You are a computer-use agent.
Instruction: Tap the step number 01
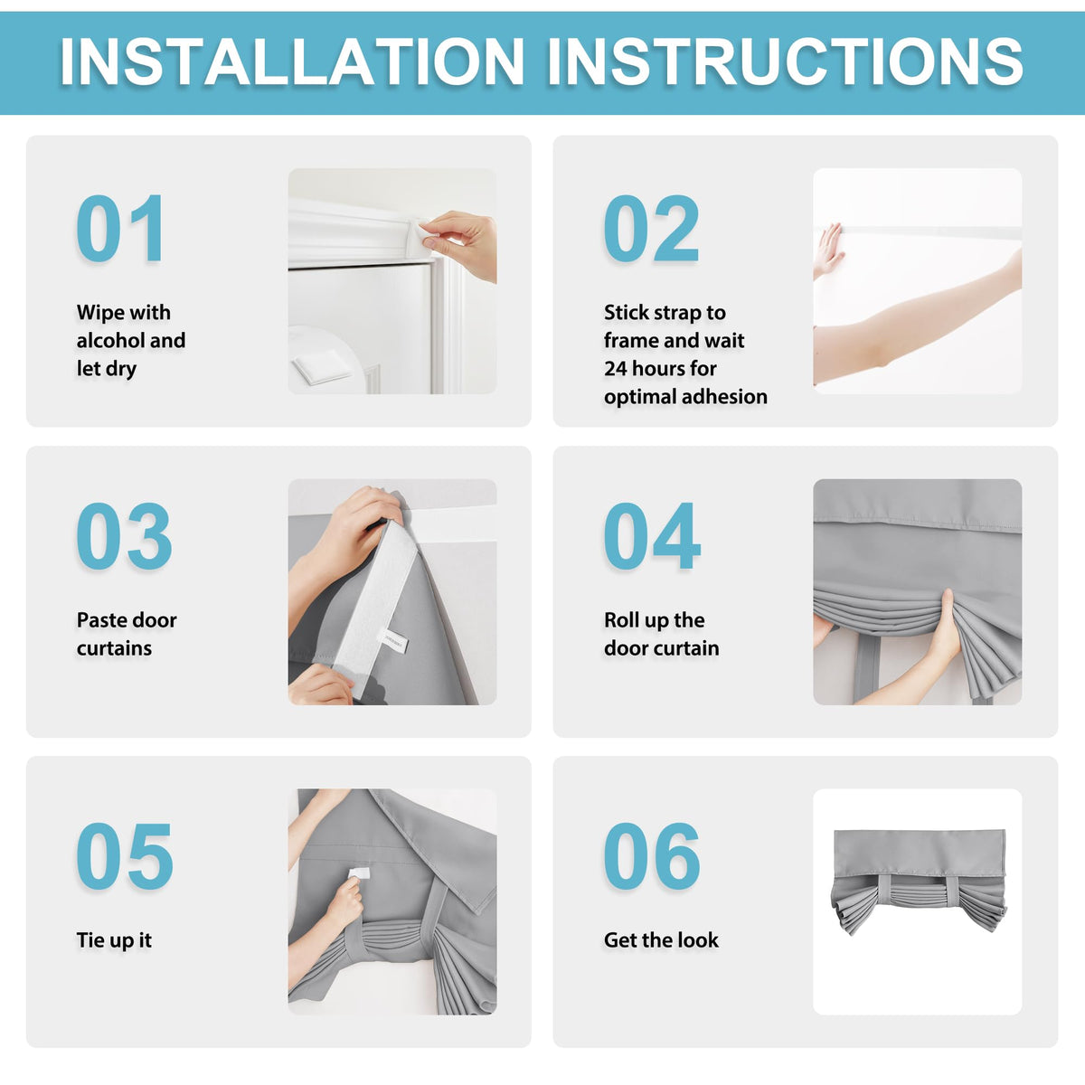120,228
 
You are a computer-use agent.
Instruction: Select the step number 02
651,228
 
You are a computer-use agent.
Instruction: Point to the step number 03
124,535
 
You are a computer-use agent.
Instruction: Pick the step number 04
652,535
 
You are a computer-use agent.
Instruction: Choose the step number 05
125,855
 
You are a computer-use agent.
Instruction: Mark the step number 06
651,855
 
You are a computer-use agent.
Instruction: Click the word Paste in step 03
99,620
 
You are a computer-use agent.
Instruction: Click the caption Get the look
661,939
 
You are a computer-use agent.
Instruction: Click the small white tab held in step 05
359,873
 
